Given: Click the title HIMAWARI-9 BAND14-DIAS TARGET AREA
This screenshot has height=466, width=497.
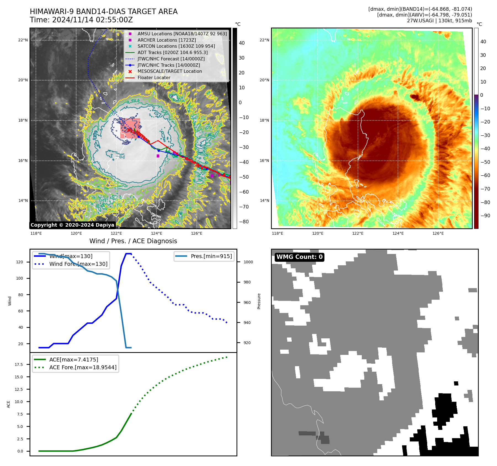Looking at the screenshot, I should tap(103, 12).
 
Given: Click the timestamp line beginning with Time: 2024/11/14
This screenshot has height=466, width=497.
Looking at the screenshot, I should tap(81, 20).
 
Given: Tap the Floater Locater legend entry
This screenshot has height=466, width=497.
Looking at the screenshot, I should tap(154, 77).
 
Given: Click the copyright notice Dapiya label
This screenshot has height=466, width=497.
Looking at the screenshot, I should tap(72, 225).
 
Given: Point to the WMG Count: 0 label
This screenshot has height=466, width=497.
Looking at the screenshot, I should tap(299, 257).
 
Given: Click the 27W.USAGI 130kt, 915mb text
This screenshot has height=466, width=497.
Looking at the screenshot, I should tap(439, 21).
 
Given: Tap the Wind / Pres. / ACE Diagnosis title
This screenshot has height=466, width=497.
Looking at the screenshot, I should tap(133, 241).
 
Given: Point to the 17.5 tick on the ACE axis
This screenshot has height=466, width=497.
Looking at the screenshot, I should tap(19, 365).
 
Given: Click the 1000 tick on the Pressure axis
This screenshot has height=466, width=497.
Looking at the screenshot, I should tap(248, 262).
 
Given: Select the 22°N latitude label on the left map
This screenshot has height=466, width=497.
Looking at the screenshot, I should tap(23, 40).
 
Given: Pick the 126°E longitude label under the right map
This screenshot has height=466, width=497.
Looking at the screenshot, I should tap(438, 233).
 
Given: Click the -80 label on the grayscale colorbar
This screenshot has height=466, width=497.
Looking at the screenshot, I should tap(244, 222).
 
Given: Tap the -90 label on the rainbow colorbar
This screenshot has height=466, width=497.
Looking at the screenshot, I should tap(485, 216).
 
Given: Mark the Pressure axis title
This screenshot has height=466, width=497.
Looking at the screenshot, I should tap(259, 301).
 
